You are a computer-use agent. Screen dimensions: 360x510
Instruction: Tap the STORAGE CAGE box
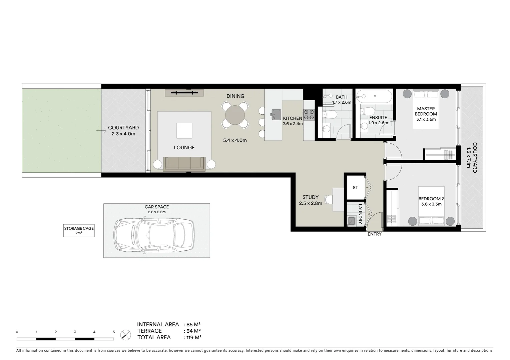79,231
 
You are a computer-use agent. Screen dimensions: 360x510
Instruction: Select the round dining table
235,115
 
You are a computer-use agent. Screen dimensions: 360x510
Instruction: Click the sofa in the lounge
184,163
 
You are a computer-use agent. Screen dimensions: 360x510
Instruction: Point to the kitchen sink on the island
276,114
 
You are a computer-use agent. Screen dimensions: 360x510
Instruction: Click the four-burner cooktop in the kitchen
309,115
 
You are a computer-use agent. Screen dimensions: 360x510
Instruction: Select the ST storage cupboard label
355,188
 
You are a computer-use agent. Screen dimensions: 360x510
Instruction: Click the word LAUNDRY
361,214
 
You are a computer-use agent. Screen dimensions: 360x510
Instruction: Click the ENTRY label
374,234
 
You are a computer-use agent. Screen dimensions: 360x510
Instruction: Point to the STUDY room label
310,197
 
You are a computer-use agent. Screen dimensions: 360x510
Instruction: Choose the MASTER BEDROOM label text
426,111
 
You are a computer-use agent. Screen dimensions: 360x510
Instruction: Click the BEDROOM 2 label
431,199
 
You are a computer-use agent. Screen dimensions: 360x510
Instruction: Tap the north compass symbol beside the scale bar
125,334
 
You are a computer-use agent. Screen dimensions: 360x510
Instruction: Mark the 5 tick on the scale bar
114,332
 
